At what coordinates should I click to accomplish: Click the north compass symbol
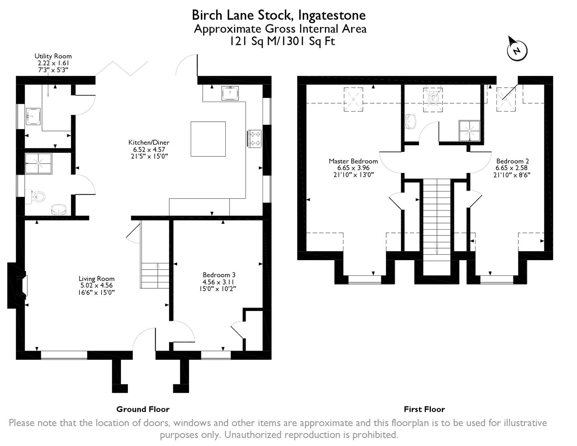(517, 52)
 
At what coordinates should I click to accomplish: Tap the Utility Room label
(53, 56)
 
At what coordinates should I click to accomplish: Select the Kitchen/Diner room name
(149, 142)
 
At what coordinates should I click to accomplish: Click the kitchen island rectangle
(208, 139)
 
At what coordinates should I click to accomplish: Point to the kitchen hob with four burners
(254, 138)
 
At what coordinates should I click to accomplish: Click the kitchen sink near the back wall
(230, 93)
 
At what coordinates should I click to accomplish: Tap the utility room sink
(33, 116)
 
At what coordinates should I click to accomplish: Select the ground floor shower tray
(38, 164)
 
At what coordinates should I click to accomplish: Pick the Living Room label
(97, 279)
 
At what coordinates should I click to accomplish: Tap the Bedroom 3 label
(219, 275)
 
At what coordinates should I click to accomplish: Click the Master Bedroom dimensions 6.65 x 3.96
(353, 168)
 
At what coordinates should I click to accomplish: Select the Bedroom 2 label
(513, 161)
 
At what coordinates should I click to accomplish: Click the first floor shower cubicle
(469, 130)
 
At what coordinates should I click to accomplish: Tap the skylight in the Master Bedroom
(353, 100)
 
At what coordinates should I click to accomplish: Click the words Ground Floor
(143, 409)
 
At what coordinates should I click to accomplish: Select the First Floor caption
(424, 409)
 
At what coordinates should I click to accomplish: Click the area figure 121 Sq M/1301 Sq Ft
(282, 41)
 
